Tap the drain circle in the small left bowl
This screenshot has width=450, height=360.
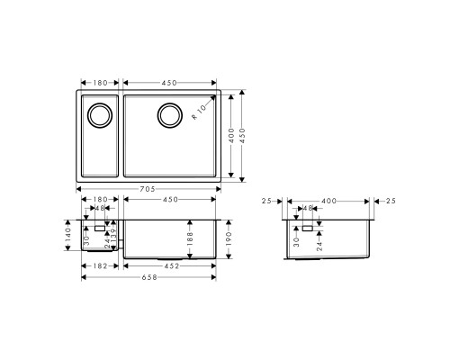97,114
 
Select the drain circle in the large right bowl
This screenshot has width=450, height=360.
169,114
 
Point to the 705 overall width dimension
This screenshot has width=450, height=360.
148,189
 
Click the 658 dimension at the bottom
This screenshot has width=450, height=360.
148,276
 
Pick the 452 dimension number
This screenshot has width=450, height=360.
169,265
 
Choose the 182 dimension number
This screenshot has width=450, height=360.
100,265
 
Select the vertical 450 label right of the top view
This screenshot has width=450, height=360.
242,135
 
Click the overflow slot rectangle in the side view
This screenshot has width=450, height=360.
308,229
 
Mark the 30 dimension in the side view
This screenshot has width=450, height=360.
297,241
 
